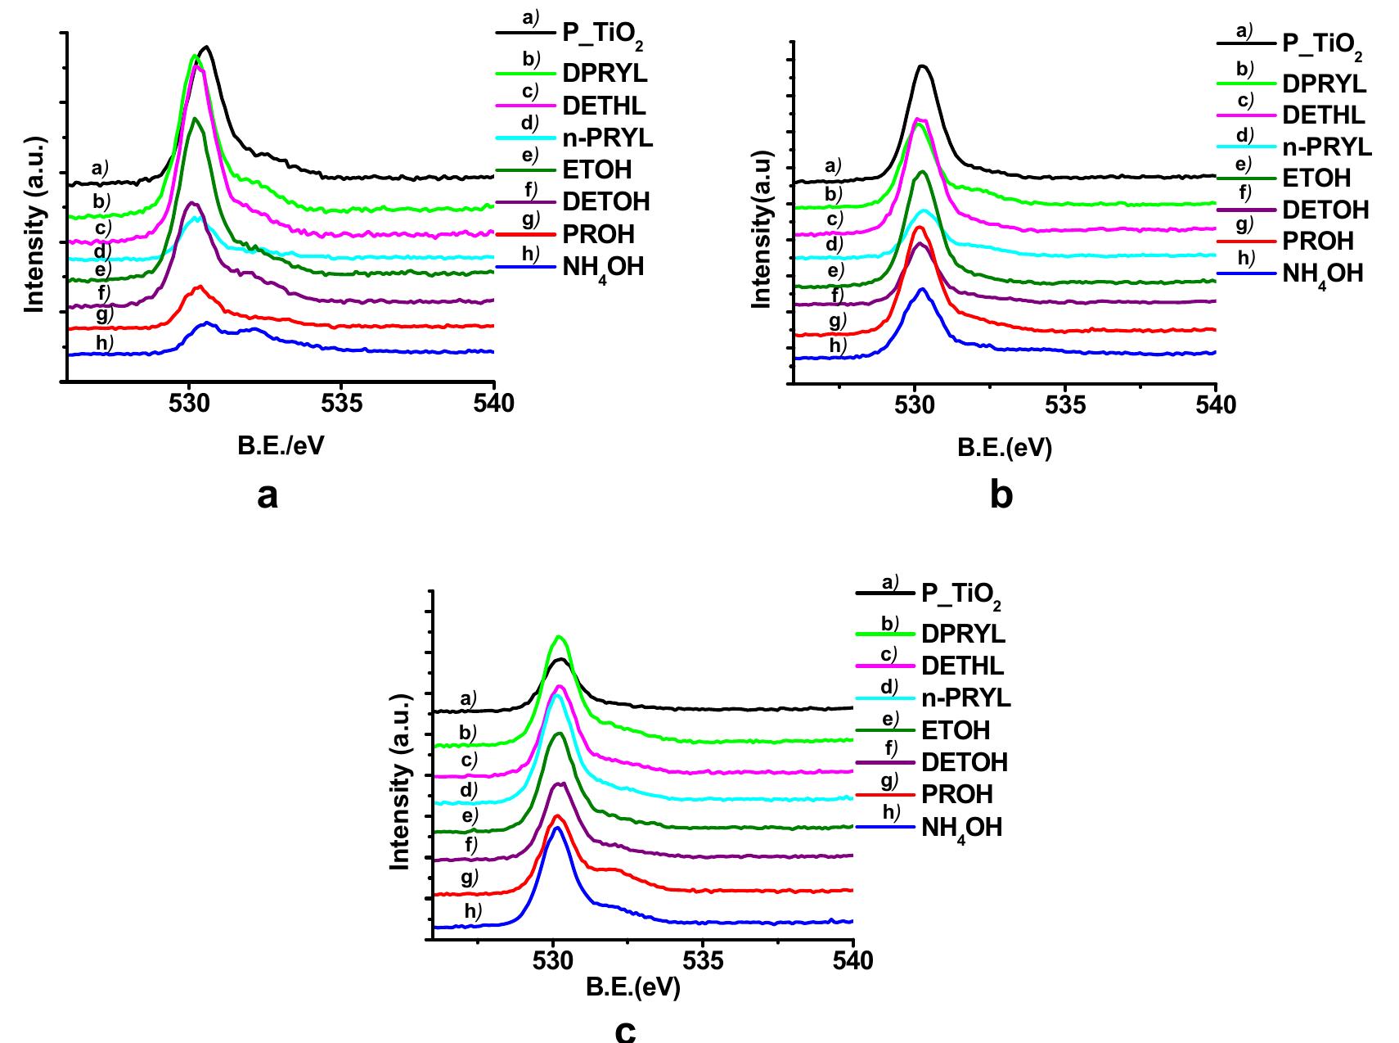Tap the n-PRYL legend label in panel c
tap(965, 698)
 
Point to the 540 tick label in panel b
tap(1215, 404)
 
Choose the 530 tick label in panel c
tap(554, 961)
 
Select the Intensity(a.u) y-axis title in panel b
tap(762, 229)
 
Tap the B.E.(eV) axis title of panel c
tap(632, 987)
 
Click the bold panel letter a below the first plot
tap(268, 495)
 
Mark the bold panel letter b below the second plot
tap(1001, 495)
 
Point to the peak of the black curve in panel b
tap(923, 65)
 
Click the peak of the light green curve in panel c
tap(560, 636)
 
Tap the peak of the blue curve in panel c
tap(557, 828)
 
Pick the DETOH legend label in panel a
tap(605, 202)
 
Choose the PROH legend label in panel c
tap(956, 794)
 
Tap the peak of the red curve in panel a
tap(199, 287)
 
